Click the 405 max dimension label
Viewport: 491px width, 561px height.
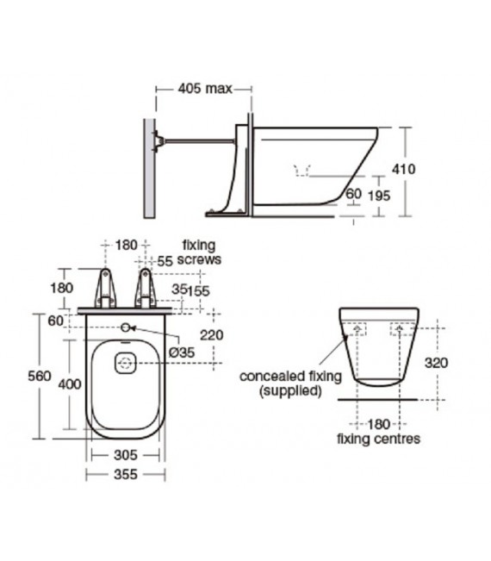coord(205,89)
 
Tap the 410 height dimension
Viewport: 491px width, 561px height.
coord(404,169)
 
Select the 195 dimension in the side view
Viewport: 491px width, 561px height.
coord(379,196)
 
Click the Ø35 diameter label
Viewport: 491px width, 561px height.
coord(182,352)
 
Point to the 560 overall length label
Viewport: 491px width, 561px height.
coord(40,376)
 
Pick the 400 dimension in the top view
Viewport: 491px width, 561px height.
coord(70,383)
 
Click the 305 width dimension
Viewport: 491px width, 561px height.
coord(126,455)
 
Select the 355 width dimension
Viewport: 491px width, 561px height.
coord(126,475)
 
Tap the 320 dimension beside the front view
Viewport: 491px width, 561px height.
coord(436,363)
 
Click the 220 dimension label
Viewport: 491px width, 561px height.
coord(212,335)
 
